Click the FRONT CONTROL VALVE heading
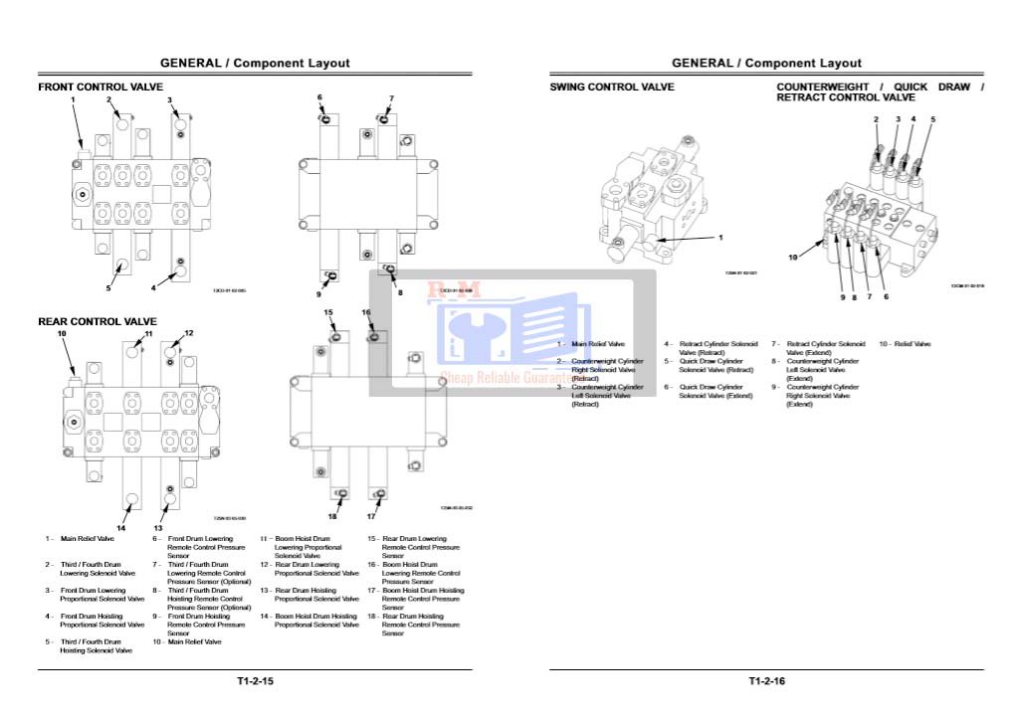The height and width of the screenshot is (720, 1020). (x=101, y=88)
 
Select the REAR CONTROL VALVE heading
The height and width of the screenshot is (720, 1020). (x=98, y=321)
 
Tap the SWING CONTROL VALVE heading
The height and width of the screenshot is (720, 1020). (x=612, y=88)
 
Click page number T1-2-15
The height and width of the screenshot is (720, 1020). (x=255, y=681)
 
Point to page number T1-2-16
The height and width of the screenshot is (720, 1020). (x=767, y=681)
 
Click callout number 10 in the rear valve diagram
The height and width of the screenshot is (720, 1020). (x=61, y=334)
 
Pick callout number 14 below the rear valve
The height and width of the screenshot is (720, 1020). (x=121, y=527)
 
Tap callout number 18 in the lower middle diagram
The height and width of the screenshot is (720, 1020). (x=332, y=516)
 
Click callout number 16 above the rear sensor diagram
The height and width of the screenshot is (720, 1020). (x=366, y=312)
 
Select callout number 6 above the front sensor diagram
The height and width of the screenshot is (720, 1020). (x=319, y=97)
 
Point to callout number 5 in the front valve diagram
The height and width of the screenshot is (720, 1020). (x=108, y=289)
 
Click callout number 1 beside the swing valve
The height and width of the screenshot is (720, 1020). (x=720, y=238)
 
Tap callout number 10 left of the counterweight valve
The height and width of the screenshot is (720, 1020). (x=793, y=258)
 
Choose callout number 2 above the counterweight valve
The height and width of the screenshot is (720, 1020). (x=877, y=119)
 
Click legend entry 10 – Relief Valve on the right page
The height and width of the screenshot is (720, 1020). (x=905, y=344)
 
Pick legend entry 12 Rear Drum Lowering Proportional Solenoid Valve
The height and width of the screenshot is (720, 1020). (x=309, y=569)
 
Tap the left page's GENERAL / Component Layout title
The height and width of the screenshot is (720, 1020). (x=255, y=64)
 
